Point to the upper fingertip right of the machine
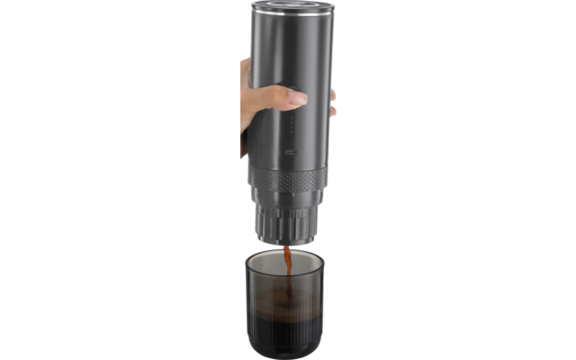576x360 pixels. coord(332,94)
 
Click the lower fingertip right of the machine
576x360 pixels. coord(332,110)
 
